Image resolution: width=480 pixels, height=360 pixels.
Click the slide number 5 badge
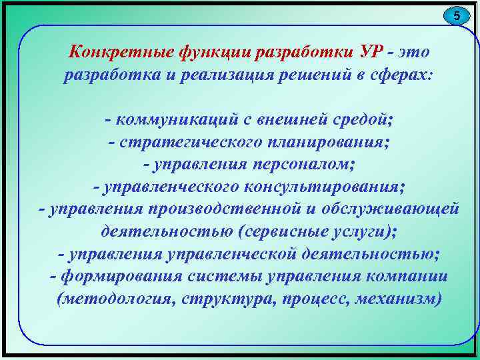457,15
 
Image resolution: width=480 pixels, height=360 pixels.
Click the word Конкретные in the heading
118,51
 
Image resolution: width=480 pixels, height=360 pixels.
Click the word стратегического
191,143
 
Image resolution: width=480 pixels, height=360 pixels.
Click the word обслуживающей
390,209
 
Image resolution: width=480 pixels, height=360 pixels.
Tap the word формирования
119,276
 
